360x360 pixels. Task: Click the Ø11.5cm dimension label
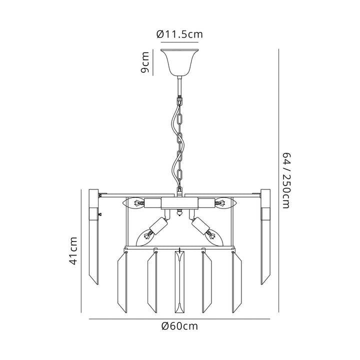(x=179, y=34)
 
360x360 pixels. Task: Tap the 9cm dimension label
(x=145, y=62)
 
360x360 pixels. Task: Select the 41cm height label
(x=73, y=251)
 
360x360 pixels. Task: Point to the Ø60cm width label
(x=179, y=326)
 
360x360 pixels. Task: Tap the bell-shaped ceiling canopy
(x=179, y=62)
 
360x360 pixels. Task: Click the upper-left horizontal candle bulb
(x=133, y=203)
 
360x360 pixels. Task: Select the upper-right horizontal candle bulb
(x=225, y=203)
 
